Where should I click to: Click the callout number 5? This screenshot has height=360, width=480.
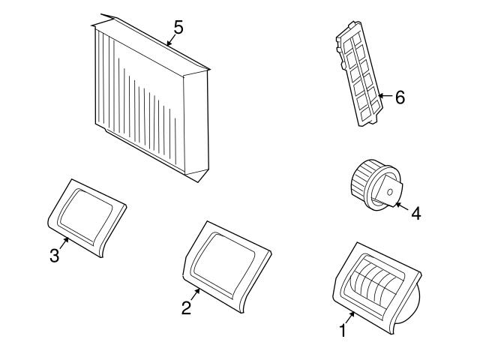point(178,27)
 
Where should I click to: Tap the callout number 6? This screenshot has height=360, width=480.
point(400,97)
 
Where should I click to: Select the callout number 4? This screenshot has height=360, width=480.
point(415,212)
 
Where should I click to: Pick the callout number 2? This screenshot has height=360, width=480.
point(186,307)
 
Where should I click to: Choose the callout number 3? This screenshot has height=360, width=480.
point(54,256)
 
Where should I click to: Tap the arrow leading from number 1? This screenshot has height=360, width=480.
point(350,316)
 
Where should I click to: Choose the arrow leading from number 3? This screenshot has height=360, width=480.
point(64,244)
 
